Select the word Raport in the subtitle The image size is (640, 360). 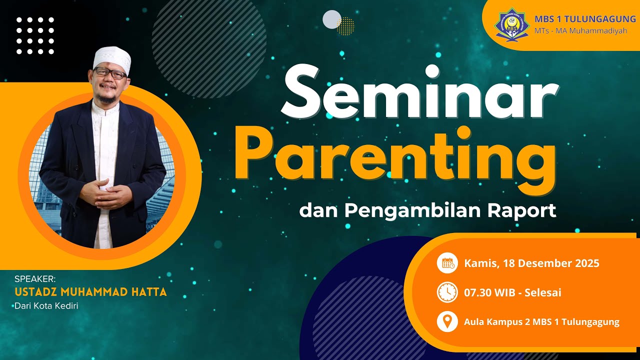521,210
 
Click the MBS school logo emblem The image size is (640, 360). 511,23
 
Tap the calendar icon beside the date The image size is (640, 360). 447,263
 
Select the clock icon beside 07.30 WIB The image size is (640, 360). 447,292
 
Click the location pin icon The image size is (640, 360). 447,321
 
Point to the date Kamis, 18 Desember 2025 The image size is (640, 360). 531,263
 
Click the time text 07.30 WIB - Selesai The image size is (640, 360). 512,292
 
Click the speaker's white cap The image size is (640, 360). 112,58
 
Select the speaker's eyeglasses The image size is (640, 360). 110,73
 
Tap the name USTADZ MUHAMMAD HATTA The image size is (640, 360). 90,292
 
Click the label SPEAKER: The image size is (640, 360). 35,279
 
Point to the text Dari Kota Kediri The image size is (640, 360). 46,305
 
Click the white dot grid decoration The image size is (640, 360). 35,35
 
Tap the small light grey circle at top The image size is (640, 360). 332,19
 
